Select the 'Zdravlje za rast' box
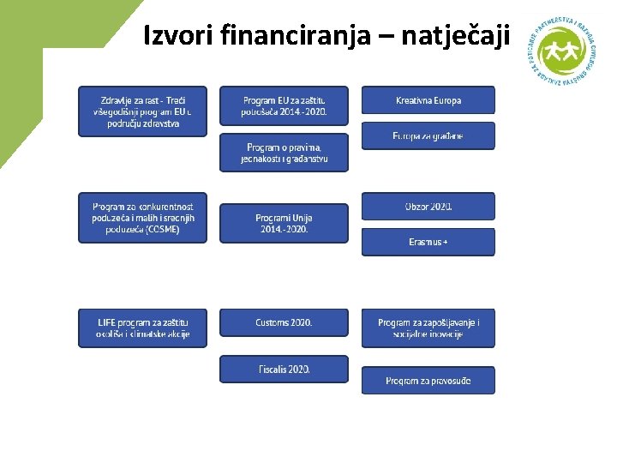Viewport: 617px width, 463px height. (142, 111)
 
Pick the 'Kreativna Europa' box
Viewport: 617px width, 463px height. (428, 100)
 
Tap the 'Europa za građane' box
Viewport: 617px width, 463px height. (428, 136)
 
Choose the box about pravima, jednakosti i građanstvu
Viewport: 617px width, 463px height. (284, 153)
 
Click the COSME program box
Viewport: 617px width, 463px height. (142, 218)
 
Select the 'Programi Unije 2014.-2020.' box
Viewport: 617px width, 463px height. (284, 223)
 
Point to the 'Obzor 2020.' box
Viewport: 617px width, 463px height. (428, 207)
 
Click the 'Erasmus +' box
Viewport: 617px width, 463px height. (428, 242)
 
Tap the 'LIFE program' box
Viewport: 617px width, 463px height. (142, 328)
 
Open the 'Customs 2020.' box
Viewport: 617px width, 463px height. (284, 322)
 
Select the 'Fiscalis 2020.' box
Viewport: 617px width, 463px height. (284, 370)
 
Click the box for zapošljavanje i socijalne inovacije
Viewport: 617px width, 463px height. (428, 328)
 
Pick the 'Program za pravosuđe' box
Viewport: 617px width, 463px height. (428, 381)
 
